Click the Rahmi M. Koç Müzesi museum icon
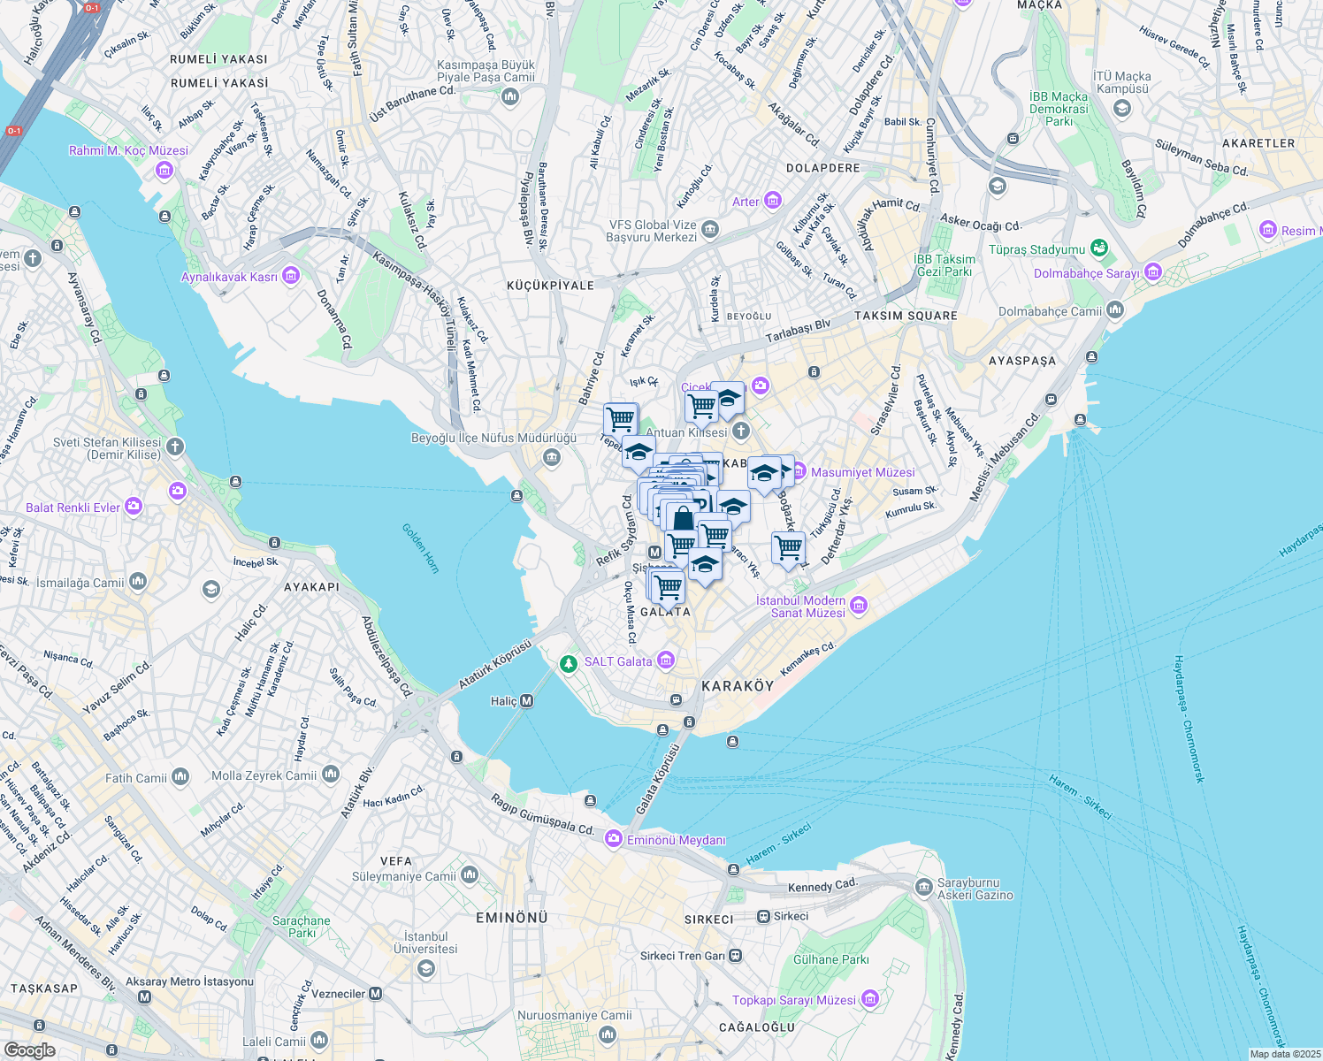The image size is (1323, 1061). (x=164, y=170)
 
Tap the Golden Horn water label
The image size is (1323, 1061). (x=421, y=548)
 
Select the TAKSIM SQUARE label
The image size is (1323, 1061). (x=906, y=316)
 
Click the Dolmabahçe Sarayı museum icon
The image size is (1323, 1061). (x=1152, y=272)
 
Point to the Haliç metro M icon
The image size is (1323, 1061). (x=527, y=701)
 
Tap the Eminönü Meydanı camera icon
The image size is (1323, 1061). (x=613, y=839)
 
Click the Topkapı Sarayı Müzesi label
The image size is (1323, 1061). (x=793, y=1000)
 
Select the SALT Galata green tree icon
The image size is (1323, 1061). (x=570, y=662)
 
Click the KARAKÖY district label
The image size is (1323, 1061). (x=738, y=686)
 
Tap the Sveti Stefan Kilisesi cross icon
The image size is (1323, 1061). (x=175, y=447)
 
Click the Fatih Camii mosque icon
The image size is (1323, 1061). (x=180, y=777)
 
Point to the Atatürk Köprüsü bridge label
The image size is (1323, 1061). (x=495, y=666)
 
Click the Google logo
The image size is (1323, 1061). (x=29, y=1050)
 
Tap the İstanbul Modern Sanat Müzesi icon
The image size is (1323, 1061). (x=859, y=606)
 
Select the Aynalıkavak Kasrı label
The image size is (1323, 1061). (x=229, y=277)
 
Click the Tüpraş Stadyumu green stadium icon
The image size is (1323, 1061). (x=1099, y=248)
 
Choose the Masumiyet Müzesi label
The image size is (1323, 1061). (x=862, y=472)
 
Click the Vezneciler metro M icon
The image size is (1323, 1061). (x=376, y=994)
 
